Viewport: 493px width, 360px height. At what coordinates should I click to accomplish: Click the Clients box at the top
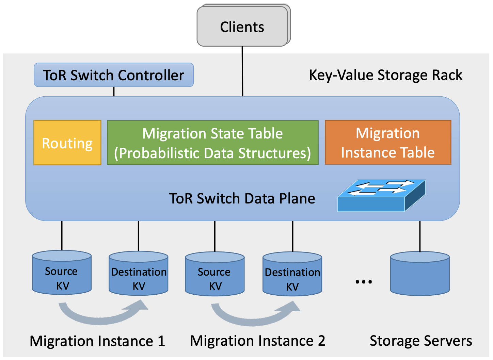pyautogui.click(x=242, y=27)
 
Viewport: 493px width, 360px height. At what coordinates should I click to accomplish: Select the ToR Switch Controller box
pyautogui.click(x=114, y=75)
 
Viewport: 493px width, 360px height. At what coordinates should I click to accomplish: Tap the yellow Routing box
pyautogui.click(x=67, y=143)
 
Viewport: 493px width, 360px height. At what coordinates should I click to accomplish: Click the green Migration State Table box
pyautogui.click(x=212, y=143)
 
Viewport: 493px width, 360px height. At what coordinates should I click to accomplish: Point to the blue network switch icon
pyautogui.click(x=381, y=196)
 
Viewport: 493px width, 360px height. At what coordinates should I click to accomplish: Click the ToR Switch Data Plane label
pyautogui.click(x=242, y=198)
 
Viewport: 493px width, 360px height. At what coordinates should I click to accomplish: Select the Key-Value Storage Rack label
pyautogui.click(x=385, y=75)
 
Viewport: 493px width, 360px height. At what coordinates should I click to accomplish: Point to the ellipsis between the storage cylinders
pyautogui.click(x=364, y=282)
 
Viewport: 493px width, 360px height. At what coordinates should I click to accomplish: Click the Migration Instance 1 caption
pyautogui.click(x=97, y=341)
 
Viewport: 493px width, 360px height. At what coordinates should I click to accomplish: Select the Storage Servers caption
pyautogui.click(x=421, y=341)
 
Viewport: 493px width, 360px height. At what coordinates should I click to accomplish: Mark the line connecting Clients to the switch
pyautogui.click(x=242, y=71)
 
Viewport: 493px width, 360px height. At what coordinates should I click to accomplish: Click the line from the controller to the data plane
pyautogui.click(x=114, y=92)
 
